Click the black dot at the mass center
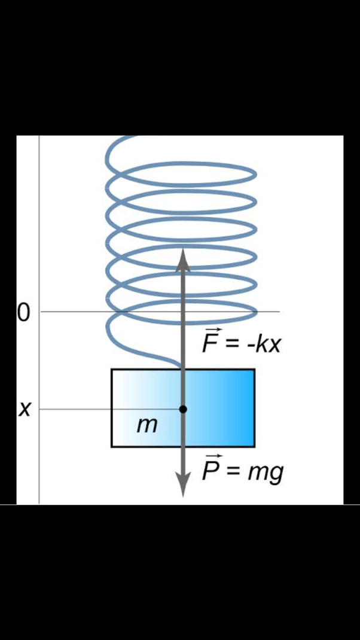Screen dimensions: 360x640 [183, 409]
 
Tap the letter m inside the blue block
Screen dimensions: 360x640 [147, 426]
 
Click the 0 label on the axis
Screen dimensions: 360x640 [24, 313]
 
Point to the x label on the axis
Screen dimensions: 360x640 [25, 409]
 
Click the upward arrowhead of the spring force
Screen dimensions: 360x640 [183, 259]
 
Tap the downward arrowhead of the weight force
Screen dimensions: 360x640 [183, 485]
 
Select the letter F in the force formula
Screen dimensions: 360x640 [210, 343]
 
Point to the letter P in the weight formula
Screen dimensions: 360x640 [210, 471]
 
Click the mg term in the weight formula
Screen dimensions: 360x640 [266, 474]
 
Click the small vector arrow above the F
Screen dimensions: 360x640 [212, 329]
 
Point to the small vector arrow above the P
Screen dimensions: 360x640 [213, 457]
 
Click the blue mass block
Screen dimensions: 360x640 [183, 408]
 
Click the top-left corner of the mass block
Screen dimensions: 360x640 [111, 369]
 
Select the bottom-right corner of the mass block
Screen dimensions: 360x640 [255, 447]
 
